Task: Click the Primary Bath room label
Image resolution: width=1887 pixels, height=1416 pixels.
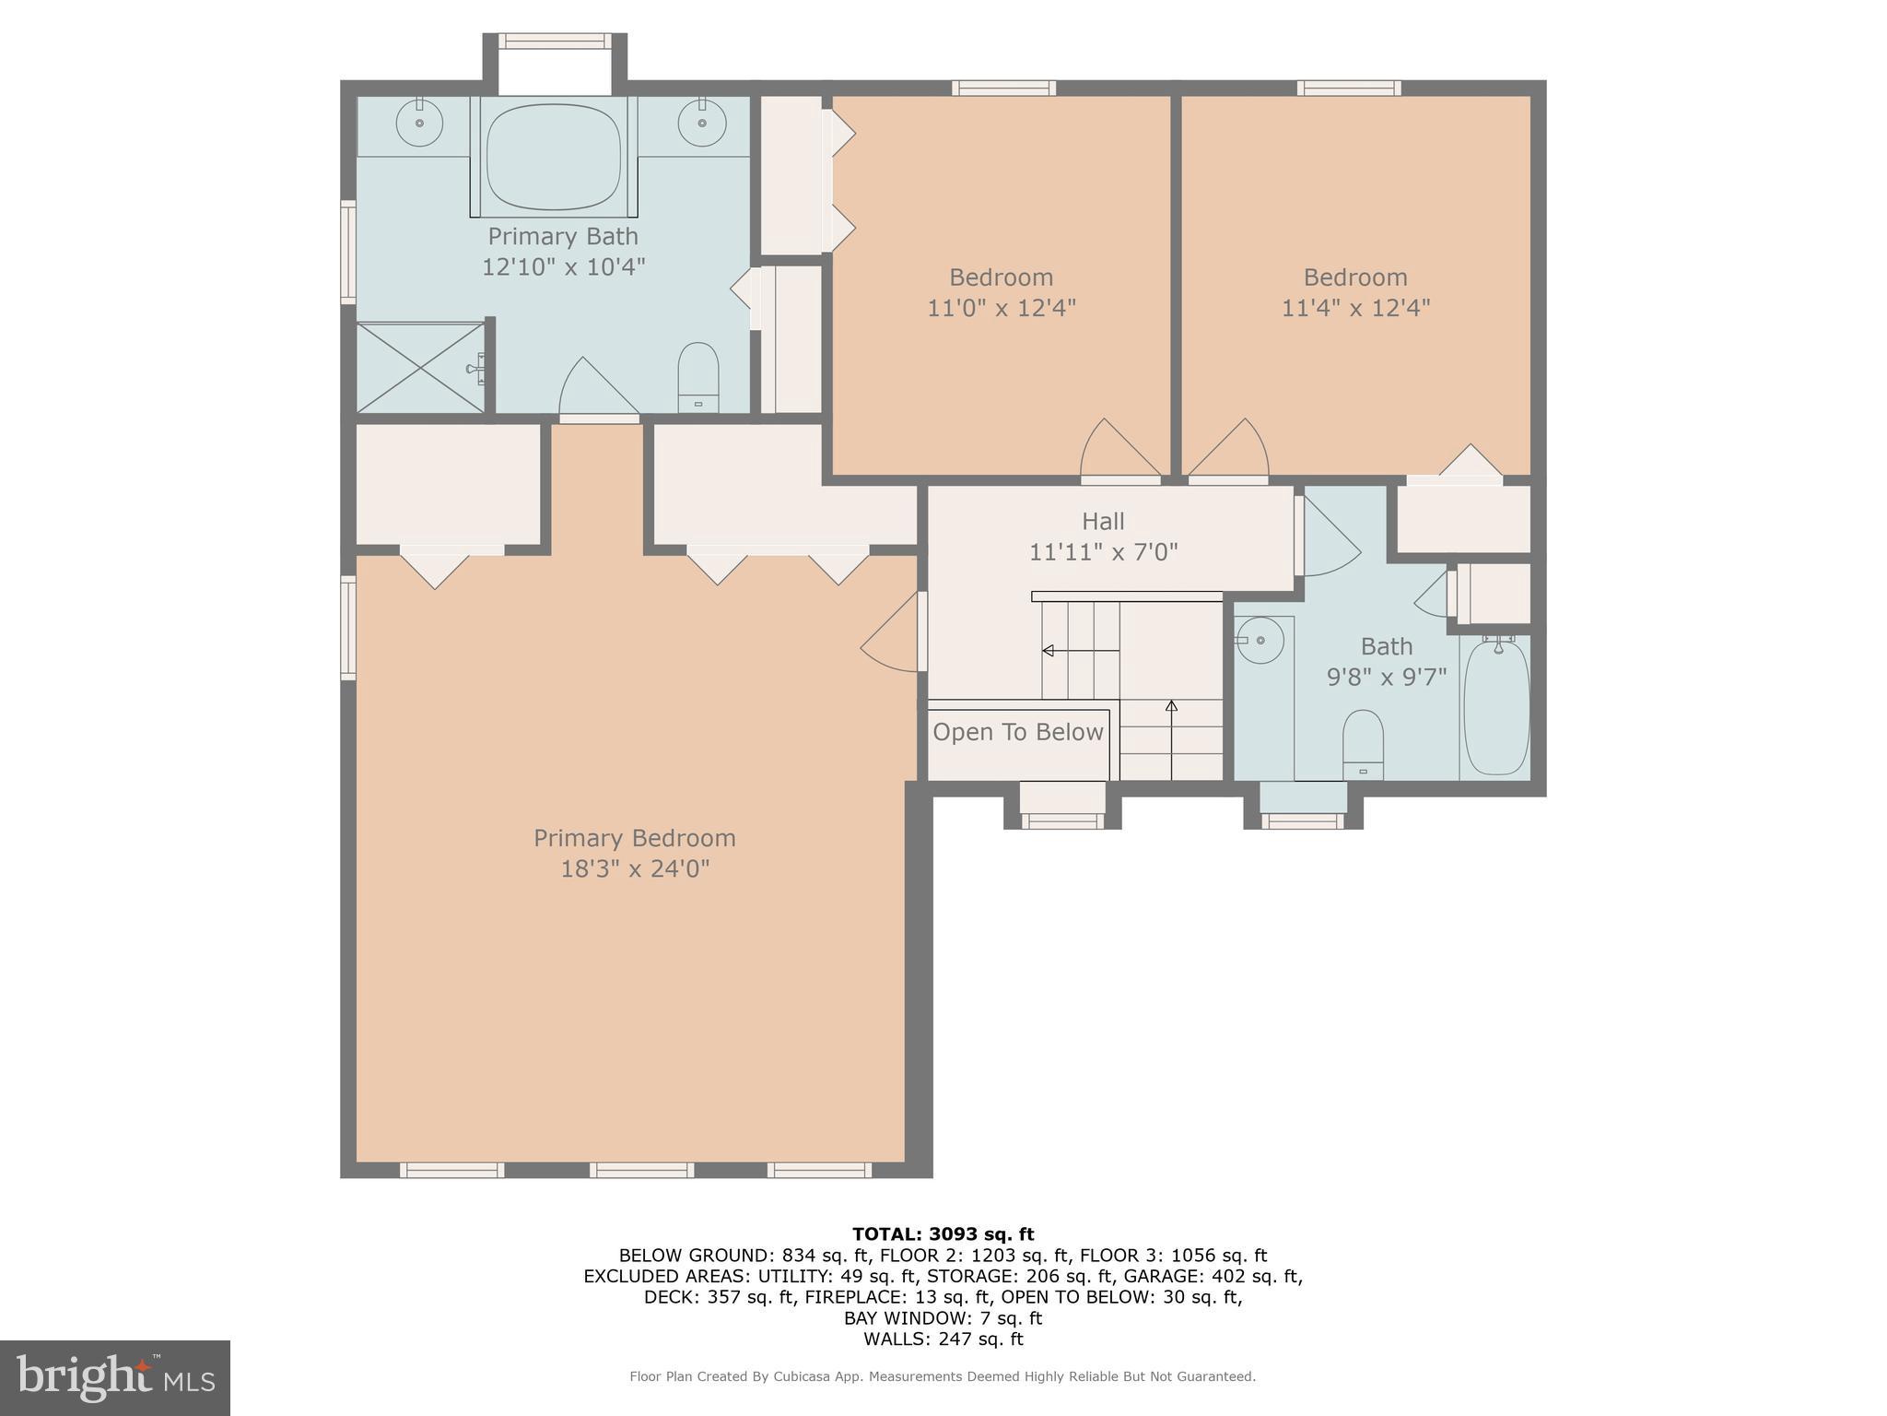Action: tap(562, 237)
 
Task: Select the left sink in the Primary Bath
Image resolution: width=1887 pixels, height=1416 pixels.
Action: tap(419, 123)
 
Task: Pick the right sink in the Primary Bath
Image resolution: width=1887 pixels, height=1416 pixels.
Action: tap(702, 123)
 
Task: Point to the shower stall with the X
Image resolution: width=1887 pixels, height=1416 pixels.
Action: tap(420, 368)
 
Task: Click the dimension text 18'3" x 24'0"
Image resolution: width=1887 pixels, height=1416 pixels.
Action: tap(635, 869)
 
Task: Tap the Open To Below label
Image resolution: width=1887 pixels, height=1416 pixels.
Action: tap(1017, 733)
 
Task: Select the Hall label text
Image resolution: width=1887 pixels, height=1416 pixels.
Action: tap(1103, 522)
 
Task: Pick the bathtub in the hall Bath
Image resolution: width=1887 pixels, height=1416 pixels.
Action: tap(1496, 707)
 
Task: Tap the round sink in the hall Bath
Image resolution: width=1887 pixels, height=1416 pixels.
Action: tap(1260, 640)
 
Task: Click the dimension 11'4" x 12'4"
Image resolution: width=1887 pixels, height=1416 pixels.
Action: tap(1355, 308)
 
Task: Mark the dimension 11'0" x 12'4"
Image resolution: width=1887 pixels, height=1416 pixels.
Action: tap(1002, 308)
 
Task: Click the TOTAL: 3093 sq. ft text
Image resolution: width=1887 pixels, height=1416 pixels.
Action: tap(943, 1234)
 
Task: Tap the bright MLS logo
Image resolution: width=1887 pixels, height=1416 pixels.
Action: tap(115, 1378)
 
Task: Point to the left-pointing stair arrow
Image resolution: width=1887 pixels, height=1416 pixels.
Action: tap(1049, 651)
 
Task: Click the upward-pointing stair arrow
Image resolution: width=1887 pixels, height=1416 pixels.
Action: tap(1171, 707)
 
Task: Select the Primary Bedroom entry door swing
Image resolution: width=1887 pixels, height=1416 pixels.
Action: tap(889, 636)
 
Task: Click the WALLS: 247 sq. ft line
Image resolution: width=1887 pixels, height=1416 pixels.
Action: tap(943, 1339)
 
